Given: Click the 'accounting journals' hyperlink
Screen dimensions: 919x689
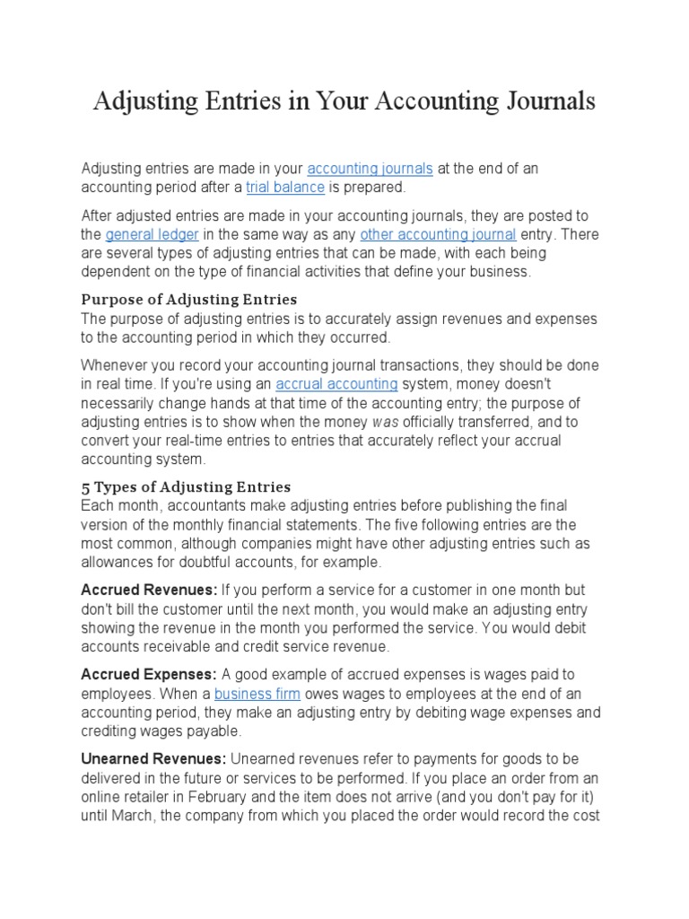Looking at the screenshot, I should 370,169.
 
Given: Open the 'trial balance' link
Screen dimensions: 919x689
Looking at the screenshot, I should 284,187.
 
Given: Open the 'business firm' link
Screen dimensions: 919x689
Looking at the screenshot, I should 257,695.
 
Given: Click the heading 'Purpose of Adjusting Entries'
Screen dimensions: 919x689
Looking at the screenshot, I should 189,299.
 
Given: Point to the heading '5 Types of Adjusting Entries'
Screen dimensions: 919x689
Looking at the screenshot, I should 186,486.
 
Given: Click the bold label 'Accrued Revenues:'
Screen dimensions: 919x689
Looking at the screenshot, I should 149,590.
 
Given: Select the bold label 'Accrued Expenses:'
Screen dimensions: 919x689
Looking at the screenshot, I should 149,674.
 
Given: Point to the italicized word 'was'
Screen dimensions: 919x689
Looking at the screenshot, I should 387,421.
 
